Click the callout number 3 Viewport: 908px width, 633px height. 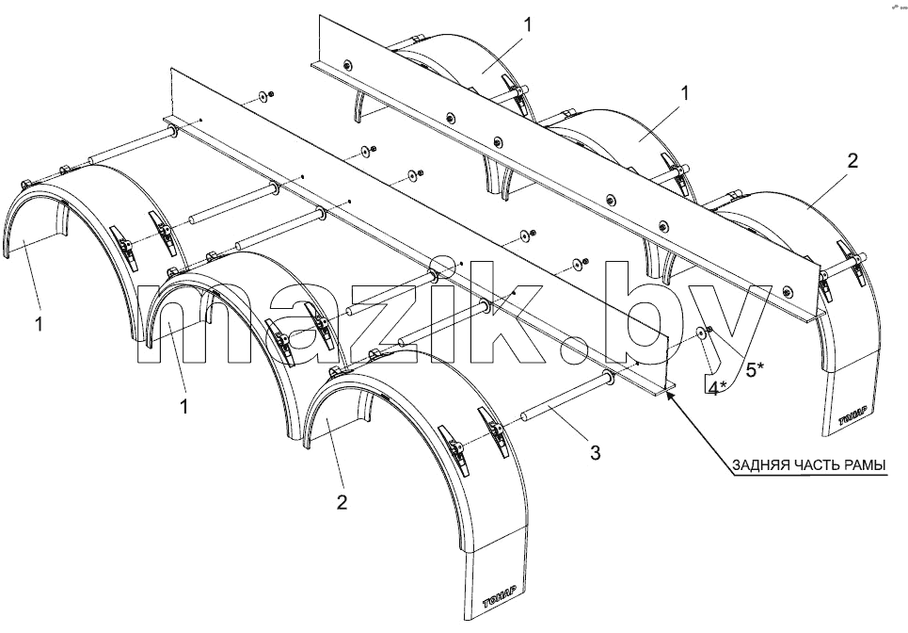point(596,452)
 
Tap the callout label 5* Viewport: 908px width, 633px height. point(754,369)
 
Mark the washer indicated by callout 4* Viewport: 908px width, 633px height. point(701,333)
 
